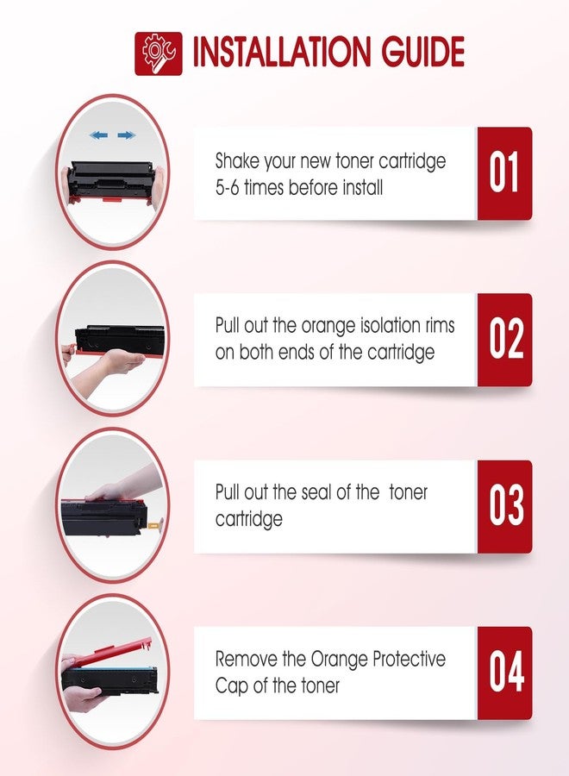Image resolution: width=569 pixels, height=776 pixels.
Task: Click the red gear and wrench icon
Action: pos(159,53)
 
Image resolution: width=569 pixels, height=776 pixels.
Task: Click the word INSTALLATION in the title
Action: pos(281,52)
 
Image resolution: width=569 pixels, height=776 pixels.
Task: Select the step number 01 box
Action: pos(504,173)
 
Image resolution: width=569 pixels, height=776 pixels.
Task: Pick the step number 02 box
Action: pos(504,340)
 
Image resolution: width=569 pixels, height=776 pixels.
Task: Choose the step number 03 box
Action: pos(504,506)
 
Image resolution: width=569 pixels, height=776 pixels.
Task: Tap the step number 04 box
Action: pos(504,673)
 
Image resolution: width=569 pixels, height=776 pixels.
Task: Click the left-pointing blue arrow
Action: pos(99,135)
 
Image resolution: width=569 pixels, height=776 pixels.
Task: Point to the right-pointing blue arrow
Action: pos(127,135)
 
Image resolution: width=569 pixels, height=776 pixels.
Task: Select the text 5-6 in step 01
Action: pos(227,188)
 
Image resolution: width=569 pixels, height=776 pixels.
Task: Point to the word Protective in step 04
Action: pos(409,660)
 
